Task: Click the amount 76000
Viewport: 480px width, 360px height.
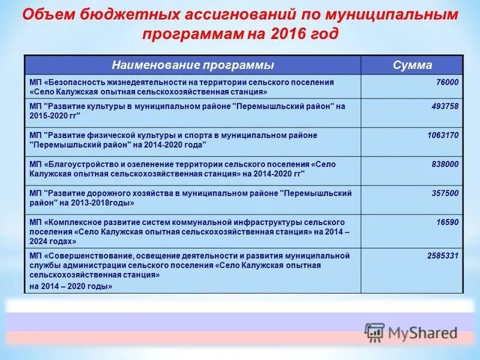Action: [x=447, y=82]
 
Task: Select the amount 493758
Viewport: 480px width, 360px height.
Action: [x=445, y=106]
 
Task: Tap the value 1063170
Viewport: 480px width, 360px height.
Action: [x=443, y=136]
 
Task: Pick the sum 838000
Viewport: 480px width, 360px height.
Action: [x=445, y=164]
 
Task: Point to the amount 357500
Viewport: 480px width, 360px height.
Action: [x=445, y=193]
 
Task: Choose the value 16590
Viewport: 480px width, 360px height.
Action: [x=448, y=222]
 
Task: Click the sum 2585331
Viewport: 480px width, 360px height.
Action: [x=443, y=256]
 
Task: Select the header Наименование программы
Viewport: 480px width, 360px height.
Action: [x=193, y=65]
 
